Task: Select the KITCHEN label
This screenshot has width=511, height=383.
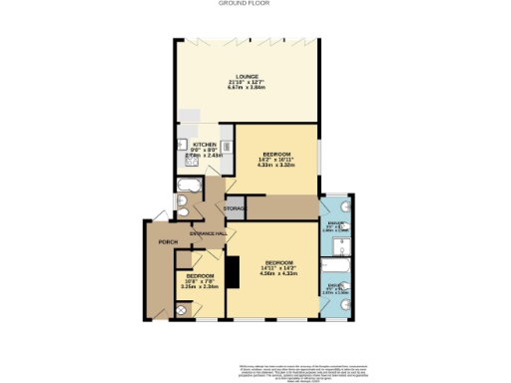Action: click(191, 145)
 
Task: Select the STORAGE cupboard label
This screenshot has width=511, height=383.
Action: click(235, 208)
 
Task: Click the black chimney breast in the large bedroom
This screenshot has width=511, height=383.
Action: click(233, 269)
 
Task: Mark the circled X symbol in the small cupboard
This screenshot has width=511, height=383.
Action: click(181, 309)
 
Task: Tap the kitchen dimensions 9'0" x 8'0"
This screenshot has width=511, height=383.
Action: click(191, 151)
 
